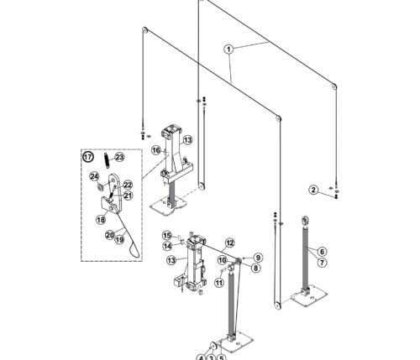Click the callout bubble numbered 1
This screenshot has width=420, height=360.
(228, 50)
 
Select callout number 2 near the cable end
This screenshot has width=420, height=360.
(312, 190)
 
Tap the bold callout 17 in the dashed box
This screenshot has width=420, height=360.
(87, 156)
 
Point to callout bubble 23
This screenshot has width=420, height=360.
(119, 157)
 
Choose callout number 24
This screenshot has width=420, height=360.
(95, 176)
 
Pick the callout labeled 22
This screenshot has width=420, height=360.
(128, 185)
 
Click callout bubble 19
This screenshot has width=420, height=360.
(119, 240)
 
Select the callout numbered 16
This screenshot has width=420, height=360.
(156, 150)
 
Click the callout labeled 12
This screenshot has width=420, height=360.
(229, 243)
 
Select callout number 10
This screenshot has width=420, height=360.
(223, 261)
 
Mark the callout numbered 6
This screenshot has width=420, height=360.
(322, 252)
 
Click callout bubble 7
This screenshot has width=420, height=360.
(322, 263)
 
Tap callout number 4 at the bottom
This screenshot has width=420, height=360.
(202, 356)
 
